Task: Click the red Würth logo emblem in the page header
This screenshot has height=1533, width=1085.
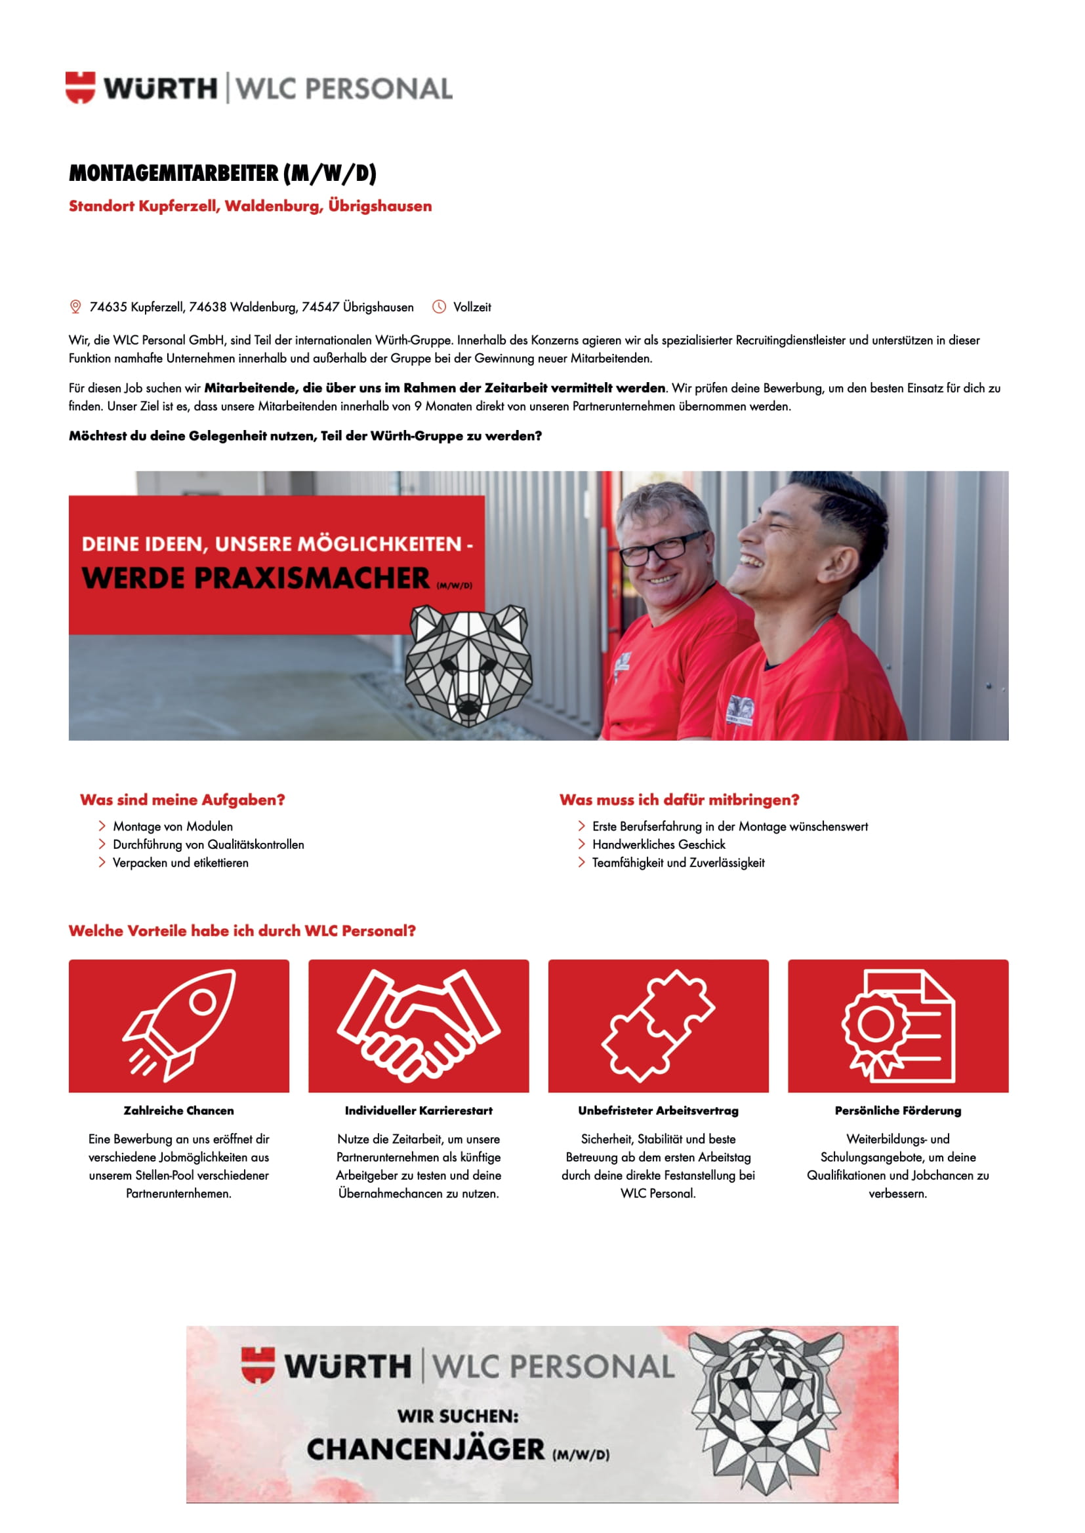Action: [x=80, y=87]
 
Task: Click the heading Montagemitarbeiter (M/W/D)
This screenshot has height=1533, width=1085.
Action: [x=222, y=174]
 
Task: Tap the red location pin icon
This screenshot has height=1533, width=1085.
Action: [x=75, y=307]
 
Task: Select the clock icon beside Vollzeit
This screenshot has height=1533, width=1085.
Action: [x=439, y=307]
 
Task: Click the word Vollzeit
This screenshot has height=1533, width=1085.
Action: [x=472, y=307]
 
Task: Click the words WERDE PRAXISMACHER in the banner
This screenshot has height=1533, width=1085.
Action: [x=256, y=578]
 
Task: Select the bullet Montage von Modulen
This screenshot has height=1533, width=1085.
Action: [x=173, y=826]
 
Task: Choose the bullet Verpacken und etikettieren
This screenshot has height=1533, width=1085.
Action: [x=180, y=863]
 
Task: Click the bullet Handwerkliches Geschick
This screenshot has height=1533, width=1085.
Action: [x=659, y=845]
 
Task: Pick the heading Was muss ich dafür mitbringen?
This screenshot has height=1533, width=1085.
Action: [x=680, y=800]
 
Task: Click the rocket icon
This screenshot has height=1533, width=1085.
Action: [x=179, y=1026]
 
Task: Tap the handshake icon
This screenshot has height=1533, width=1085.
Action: [x=419, y=1026]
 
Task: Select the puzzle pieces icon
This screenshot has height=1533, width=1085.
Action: [x=658, y=1026]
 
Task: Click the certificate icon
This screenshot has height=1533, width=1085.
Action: [x=898, y=1026]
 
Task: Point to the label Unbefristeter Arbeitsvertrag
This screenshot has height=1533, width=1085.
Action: [x=658, y=1111]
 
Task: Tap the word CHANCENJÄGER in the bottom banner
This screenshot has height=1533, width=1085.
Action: [x=426, y=1450]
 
